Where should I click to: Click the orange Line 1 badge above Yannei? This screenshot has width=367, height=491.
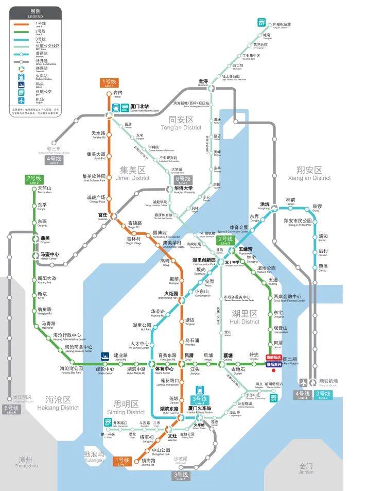110,82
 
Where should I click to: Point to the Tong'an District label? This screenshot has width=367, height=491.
181,124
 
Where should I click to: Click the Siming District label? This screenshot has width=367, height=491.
126,408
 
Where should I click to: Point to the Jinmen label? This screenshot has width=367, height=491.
306,468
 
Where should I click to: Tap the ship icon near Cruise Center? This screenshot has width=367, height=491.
105,355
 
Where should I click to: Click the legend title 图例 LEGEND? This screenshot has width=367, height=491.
36,13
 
